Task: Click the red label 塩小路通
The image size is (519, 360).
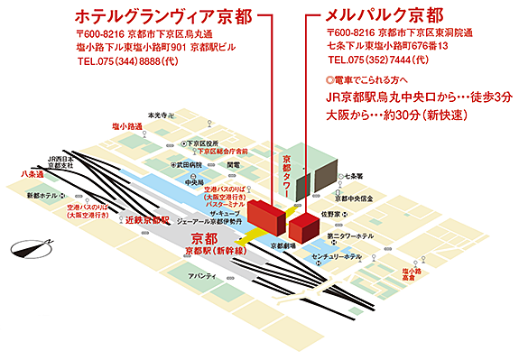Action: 127,126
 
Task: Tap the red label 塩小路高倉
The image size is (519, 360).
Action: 439,274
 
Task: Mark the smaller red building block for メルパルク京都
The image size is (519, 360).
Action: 301,226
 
